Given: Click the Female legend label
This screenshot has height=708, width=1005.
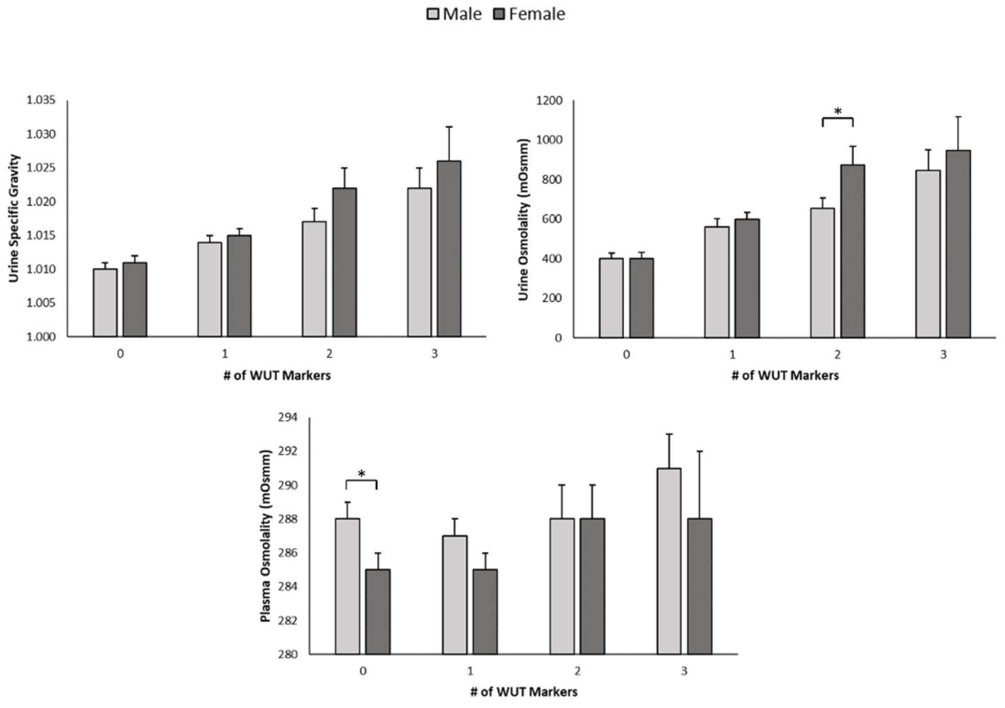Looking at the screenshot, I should [537, 14].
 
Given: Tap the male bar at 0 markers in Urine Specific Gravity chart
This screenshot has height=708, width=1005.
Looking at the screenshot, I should [105, 303].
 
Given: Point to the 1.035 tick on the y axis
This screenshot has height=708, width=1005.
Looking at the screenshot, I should [41, 100].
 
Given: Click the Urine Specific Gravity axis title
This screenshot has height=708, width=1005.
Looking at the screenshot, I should [14, 218].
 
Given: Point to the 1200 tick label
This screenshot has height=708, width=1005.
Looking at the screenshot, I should [549, 100].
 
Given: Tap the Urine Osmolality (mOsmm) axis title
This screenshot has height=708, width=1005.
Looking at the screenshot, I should [523, 219].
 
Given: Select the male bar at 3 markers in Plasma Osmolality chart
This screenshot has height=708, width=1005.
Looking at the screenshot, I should [669, 561].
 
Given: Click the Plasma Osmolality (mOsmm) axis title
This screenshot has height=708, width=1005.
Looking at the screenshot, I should [266, 536].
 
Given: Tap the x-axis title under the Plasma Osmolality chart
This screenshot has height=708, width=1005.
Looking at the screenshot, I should [523, 692].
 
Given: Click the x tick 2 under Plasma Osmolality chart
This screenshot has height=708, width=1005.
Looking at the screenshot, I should [577, 671].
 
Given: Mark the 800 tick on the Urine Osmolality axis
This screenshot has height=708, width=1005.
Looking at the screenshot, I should [552, 179].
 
